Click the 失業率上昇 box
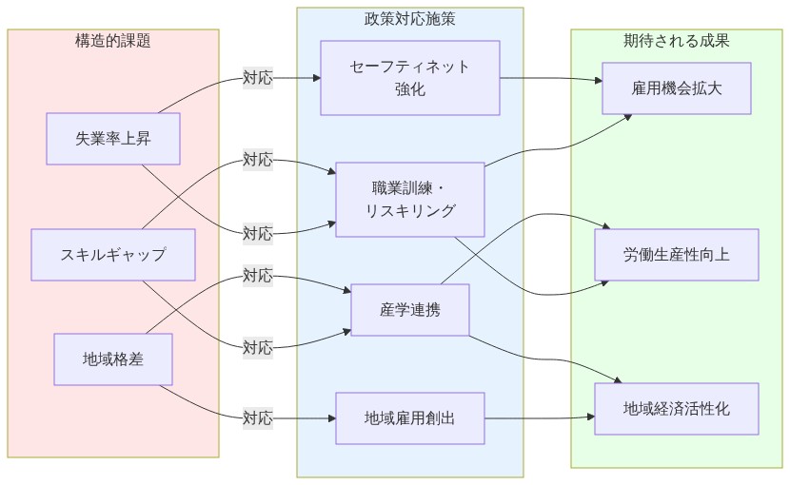[113, 139]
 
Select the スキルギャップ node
[113, 255]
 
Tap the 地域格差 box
[113, 359]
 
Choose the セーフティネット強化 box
[409, 78]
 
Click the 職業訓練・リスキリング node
[409, 198]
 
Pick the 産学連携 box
[409, 310]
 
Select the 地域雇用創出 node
[409, 418]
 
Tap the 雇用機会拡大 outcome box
[677, 88]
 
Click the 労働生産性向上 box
[677, 255]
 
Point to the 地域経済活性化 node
[677, 409]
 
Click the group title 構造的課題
[113, 41]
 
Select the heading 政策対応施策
[409, 19]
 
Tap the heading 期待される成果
[677, 41]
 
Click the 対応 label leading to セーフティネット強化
[257, 78]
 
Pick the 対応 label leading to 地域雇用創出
[257, 417]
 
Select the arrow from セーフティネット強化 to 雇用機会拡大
[552, 79]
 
